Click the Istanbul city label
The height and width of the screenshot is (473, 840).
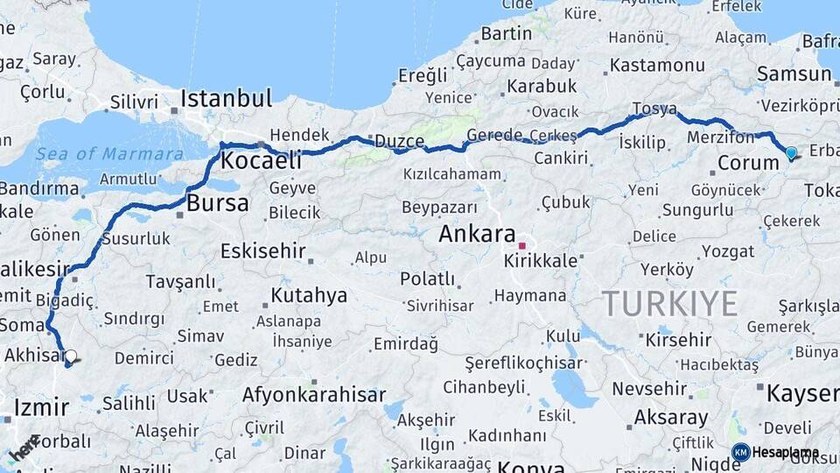pyautogui.click(x=227, y=97)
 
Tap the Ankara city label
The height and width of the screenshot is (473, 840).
pyautogui.click(x=476, y=234)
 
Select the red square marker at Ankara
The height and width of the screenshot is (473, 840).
pyautogui.click(x=522, y=245)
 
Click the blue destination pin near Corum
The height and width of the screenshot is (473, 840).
pyautogui.click(x=791, y=153)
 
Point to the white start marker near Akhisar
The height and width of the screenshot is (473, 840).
pyautogui.click(x=70, y=357)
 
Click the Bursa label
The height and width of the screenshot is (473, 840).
pyautogui.click(x=218, y=204)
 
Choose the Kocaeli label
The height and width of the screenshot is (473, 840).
pyautogui.click(x=261, y=161)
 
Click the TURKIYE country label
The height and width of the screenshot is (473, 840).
pyautogui.click(x=669, y=303)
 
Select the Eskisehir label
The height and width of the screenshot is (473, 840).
pyautogui.click(x=262, y=251)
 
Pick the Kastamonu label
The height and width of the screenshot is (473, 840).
pyautogui.click(x=657, y=65)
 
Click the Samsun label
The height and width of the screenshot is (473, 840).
pyautogui.click(x=794, y=74)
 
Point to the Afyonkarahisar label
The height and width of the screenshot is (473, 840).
pyautogui.click(x=314, y=395)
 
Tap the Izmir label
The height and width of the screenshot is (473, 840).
pyautogui.click(x=40, y=407)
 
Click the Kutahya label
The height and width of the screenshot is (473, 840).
pyautogui.click(x=309, y=295)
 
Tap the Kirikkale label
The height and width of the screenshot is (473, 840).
pyautogui.click(x=541, y=261)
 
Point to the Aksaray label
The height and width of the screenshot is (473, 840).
pyautogui.click(x=670, y=417)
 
